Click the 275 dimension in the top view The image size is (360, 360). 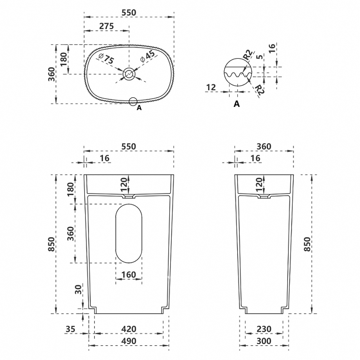[x=107, y=26]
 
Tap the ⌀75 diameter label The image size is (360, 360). [x=106, y=59]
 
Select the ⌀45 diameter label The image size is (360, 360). [x=148, y=57]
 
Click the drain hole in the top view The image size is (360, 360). [x=129, y=74]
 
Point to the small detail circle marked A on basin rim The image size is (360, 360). [x=133, y=102]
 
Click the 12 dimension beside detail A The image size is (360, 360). [x=211, y=87]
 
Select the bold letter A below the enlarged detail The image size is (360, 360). [x=237, y=104]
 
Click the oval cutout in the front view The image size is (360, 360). [x=129, y=233]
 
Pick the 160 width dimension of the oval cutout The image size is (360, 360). [x=129, y=275]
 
